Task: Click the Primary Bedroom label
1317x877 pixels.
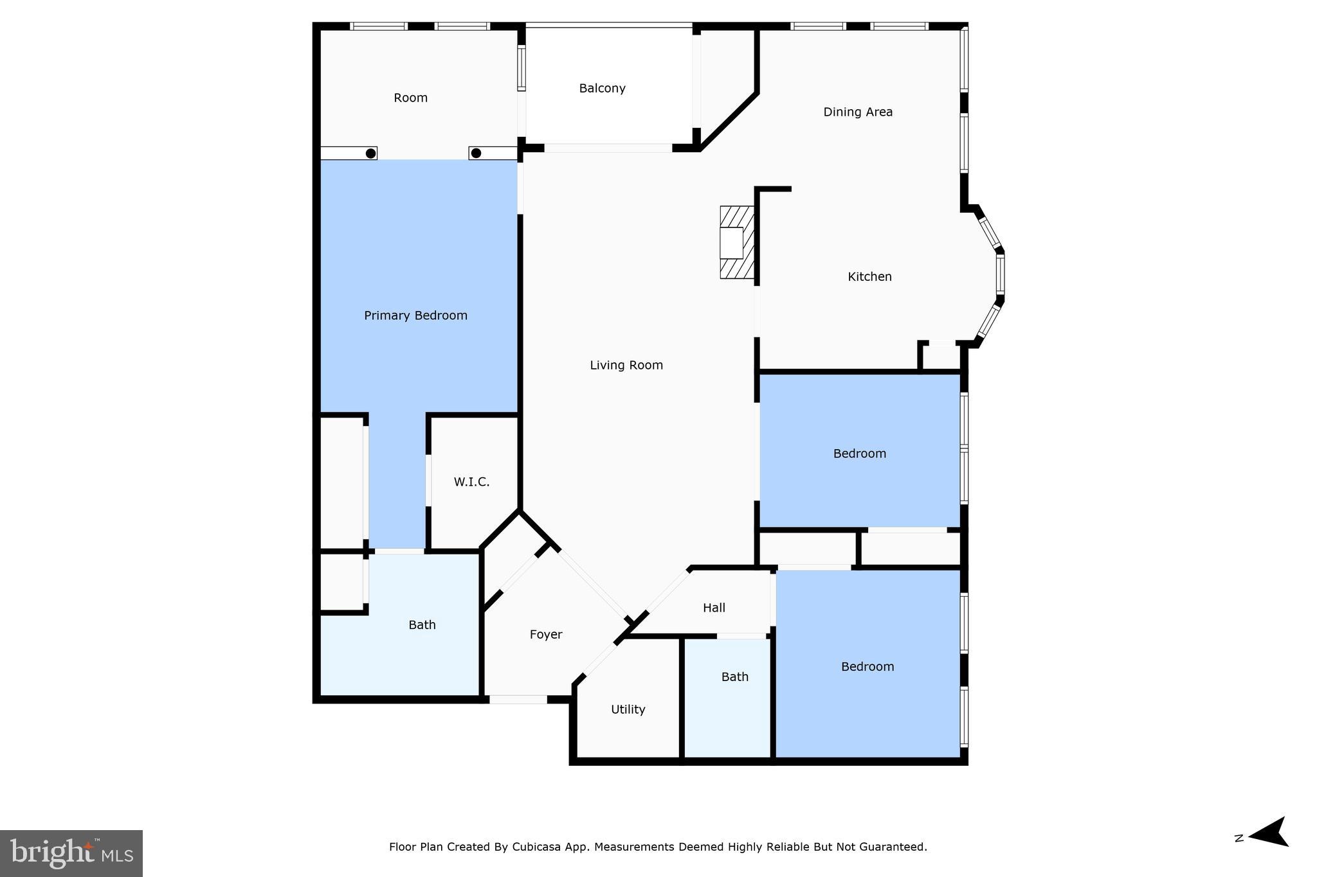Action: point(415,315)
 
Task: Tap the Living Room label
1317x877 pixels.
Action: point(626,366)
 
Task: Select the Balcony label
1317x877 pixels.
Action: point(602,89)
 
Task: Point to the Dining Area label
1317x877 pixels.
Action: point(858,112)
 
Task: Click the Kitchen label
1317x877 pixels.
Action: point(869,277)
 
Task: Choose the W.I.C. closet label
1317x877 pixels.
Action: point(471,482)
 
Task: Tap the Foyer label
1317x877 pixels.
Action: point(546,635)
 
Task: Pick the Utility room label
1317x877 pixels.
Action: point(628,709)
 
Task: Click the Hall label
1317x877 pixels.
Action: point(714,608)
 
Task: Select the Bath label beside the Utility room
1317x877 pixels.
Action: point(734,677)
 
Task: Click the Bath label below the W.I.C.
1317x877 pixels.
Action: point(422,625)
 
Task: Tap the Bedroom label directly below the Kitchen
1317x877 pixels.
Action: point(859,454)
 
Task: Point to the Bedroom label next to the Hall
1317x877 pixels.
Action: point(867,667)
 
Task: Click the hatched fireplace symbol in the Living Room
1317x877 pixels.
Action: point(736,242)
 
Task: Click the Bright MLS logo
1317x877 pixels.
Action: point(71,853)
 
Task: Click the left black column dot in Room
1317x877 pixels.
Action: point(370,154)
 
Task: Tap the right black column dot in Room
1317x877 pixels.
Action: point(476,154)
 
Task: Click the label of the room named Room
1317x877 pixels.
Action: point(410,98)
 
